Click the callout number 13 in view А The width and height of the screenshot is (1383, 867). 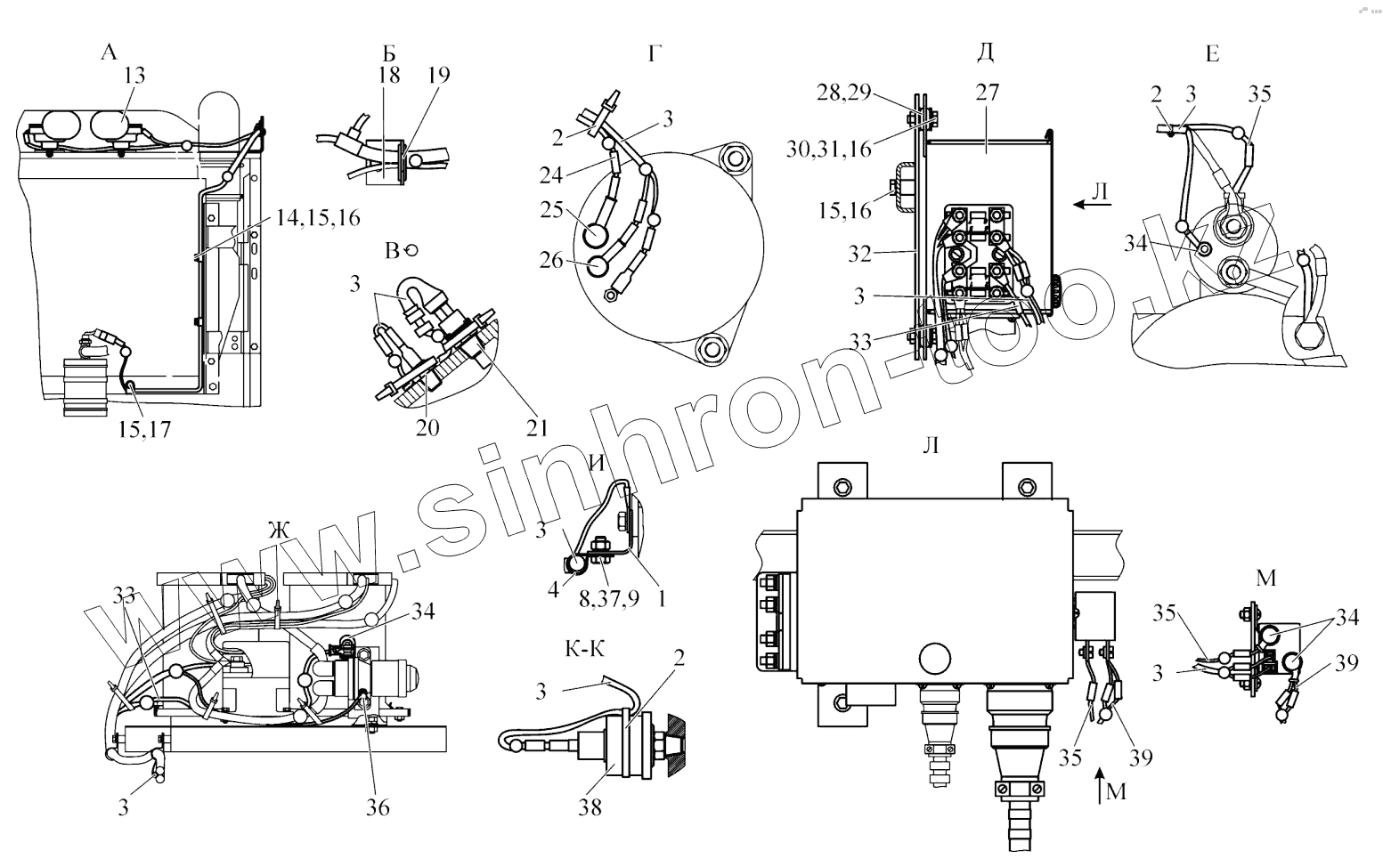click(x=134, y=76)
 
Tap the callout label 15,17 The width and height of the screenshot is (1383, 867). click(x=143, y=429)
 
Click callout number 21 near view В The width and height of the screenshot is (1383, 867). click(x=536, y=427)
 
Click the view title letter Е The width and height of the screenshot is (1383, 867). click(x=1212, y=54)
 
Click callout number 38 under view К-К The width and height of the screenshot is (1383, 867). click(x=590, y=807)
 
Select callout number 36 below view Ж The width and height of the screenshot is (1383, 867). click(x=377, y=807)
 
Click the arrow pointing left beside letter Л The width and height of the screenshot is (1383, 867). click(x=1088, y=205)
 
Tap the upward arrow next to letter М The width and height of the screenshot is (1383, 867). click(x=1099, y=781)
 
